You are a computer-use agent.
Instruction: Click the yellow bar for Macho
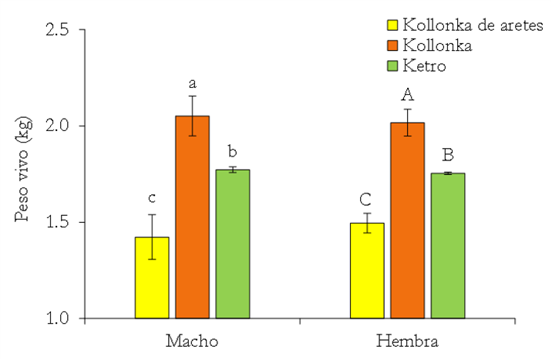pos(152,278)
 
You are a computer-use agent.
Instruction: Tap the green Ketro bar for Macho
pos(232,244)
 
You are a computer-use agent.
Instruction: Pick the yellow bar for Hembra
pos(367,271)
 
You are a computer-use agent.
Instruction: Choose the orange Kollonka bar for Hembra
pos(407,220)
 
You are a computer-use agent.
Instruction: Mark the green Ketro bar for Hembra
pos(447,246)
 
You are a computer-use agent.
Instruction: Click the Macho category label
pos(192,341)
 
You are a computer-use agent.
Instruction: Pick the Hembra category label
pos(407,341)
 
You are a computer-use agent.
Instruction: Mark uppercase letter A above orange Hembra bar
pos(407,95)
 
